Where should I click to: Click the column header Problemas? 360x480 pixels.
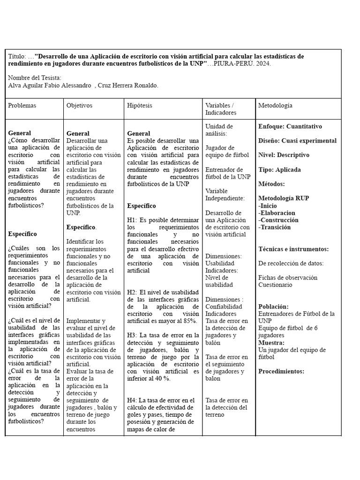(22, 106)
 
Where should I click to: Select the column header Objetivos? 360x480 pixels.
(79, 106)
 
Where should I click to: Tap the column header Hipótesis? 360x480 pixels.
(139, 106)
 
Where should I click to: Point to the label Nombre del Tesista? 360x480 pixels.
(35, 78)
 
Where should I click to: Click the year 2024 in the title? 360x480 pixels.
(262, 64)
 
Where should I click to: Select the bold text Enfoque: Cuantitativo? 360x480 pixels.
(290, 127)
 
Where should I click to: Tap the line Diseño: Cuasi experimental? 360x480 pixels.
(297, 141)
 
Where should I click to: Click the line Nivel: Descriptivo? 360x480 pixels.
(284, 155)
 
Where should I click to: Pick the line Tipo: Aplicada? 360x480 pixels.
(279, 170)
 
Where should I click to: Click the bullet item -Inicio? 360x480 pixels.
(268, 206)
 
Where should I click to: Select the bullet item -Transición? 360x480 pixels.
(274, 227)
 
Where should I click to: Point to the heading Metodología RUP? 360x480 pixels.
(284, 199)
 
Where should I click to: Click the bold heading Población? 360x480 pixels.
(273, 307)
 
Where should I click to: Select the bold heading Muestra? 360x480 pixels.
(271, 343)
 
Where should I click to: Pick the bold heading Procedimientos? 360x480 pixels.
(281, 372)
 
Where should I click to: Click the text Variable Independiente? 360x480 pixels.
(225, 195)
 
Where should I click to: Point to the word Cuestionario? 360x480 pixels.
(275, 285)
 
